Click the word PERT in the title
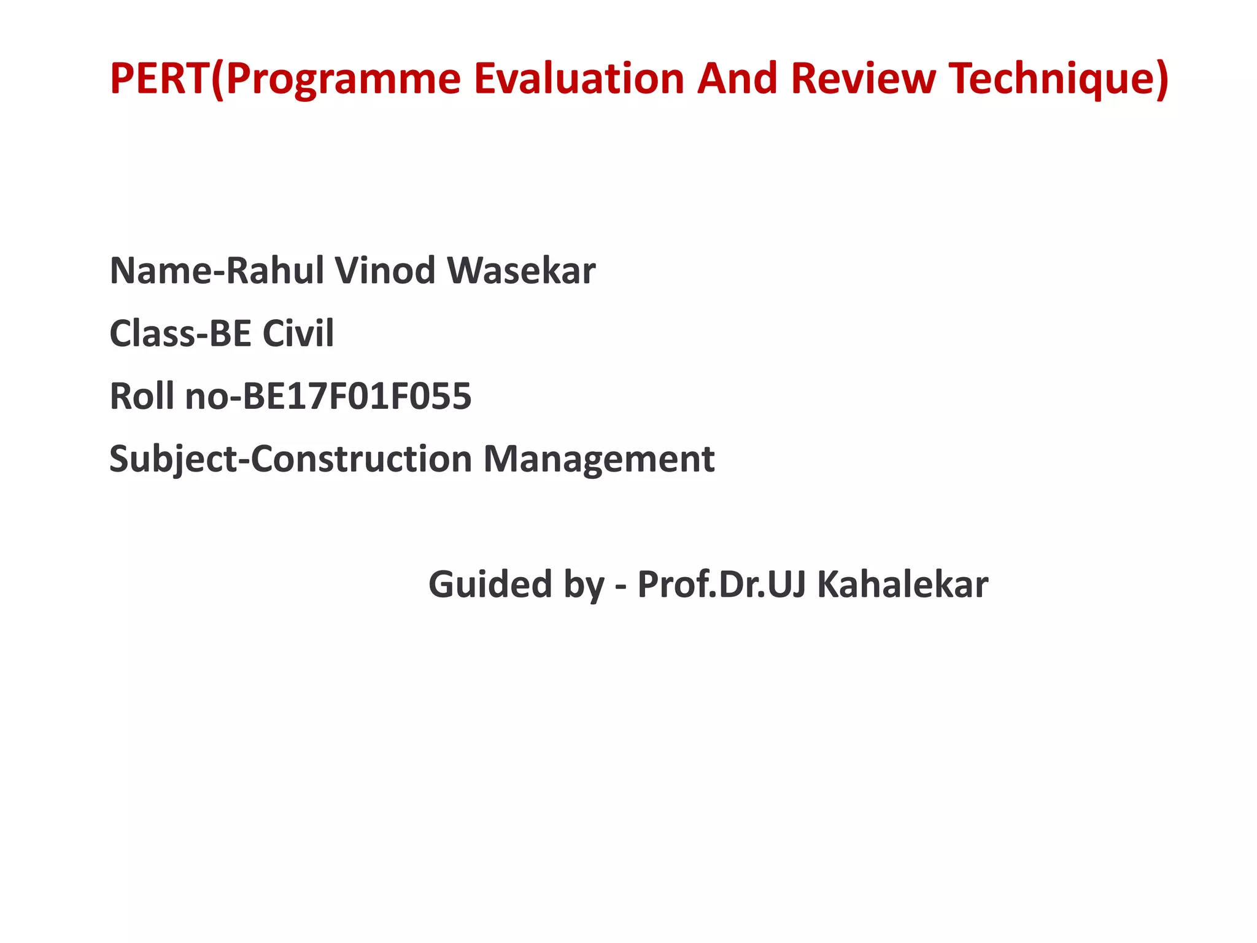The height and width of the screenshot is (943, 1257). (159, 79)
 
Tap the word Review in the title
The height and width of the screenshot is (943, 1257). (862, 79)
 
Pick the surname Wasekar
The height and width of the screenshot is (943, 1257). (521, 271)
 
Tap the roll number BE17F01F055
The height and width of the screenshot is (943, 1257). (357, 396)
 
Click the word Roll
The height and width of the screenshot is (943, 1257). (142, 396)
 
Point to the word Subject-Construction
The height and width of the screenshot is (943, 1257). (290, 459)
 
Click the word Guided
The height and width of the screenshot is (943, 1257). (490, 584)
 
